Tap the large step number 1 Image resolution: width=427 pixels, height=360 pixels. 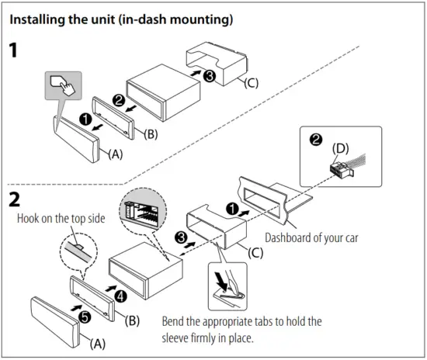[15, 52]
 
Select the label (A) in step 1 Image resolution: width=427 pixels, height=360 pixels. [114, 153]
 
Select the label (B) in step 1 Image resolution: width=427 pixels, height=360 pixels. [152, 133]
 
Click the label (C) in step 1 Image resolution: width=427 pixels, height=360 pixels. [253, 81]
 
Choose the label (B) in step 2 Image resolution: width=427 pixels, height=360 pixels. [133, 320]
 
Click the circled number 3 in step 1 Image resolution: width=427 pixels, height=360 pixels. [208, 76]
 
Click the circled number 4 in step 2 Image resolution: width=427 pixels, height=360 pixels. [120, 295]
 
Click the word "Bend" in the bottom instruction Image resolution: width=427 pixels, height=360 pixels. [175, 321]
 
